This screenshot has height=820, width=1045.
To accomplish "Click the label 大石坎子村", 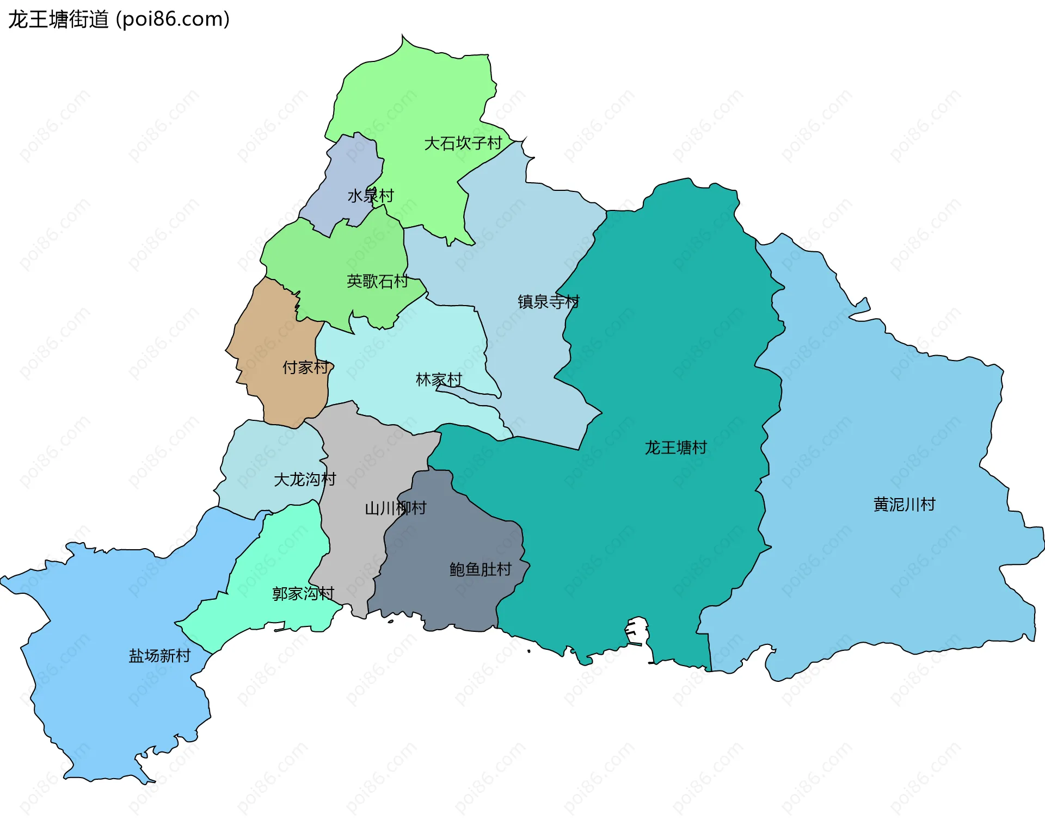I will [463, 144].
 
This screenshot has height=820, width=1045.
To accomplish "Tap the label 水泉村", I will [371, 196].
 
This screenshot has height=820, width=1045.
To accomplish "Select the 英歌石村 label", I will [377, 281].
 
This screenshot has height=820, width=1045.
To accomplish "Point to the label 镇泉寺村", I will [549, 301].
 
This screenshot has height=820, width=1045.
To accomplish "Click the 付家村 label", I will [305, 368].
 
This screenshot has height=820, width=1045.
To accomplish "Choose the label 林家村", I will [439, 380].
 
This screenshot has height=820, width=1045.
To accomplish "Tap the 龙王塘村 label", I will [675, 448].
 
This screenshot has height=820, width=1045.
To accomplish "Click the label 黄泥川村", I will [904, 505].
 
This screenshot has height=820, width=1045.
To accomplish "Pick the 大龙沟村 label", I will [305, 480].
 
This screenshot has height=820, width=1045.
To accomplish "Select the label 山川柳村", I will [396, 508].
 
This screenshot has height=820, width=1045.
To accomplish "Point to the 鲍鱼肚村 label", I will [481, 569].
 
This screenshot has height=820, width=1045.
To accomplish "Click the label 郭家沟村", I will [303, 593].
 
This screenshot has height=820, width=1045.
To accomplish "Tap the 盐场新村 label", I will [159, 656].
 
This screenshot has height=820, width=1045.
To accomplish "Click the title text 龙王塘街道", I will [58, 20].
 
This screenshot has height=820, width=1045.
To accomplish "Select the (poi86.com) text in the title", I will [173, 20].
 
